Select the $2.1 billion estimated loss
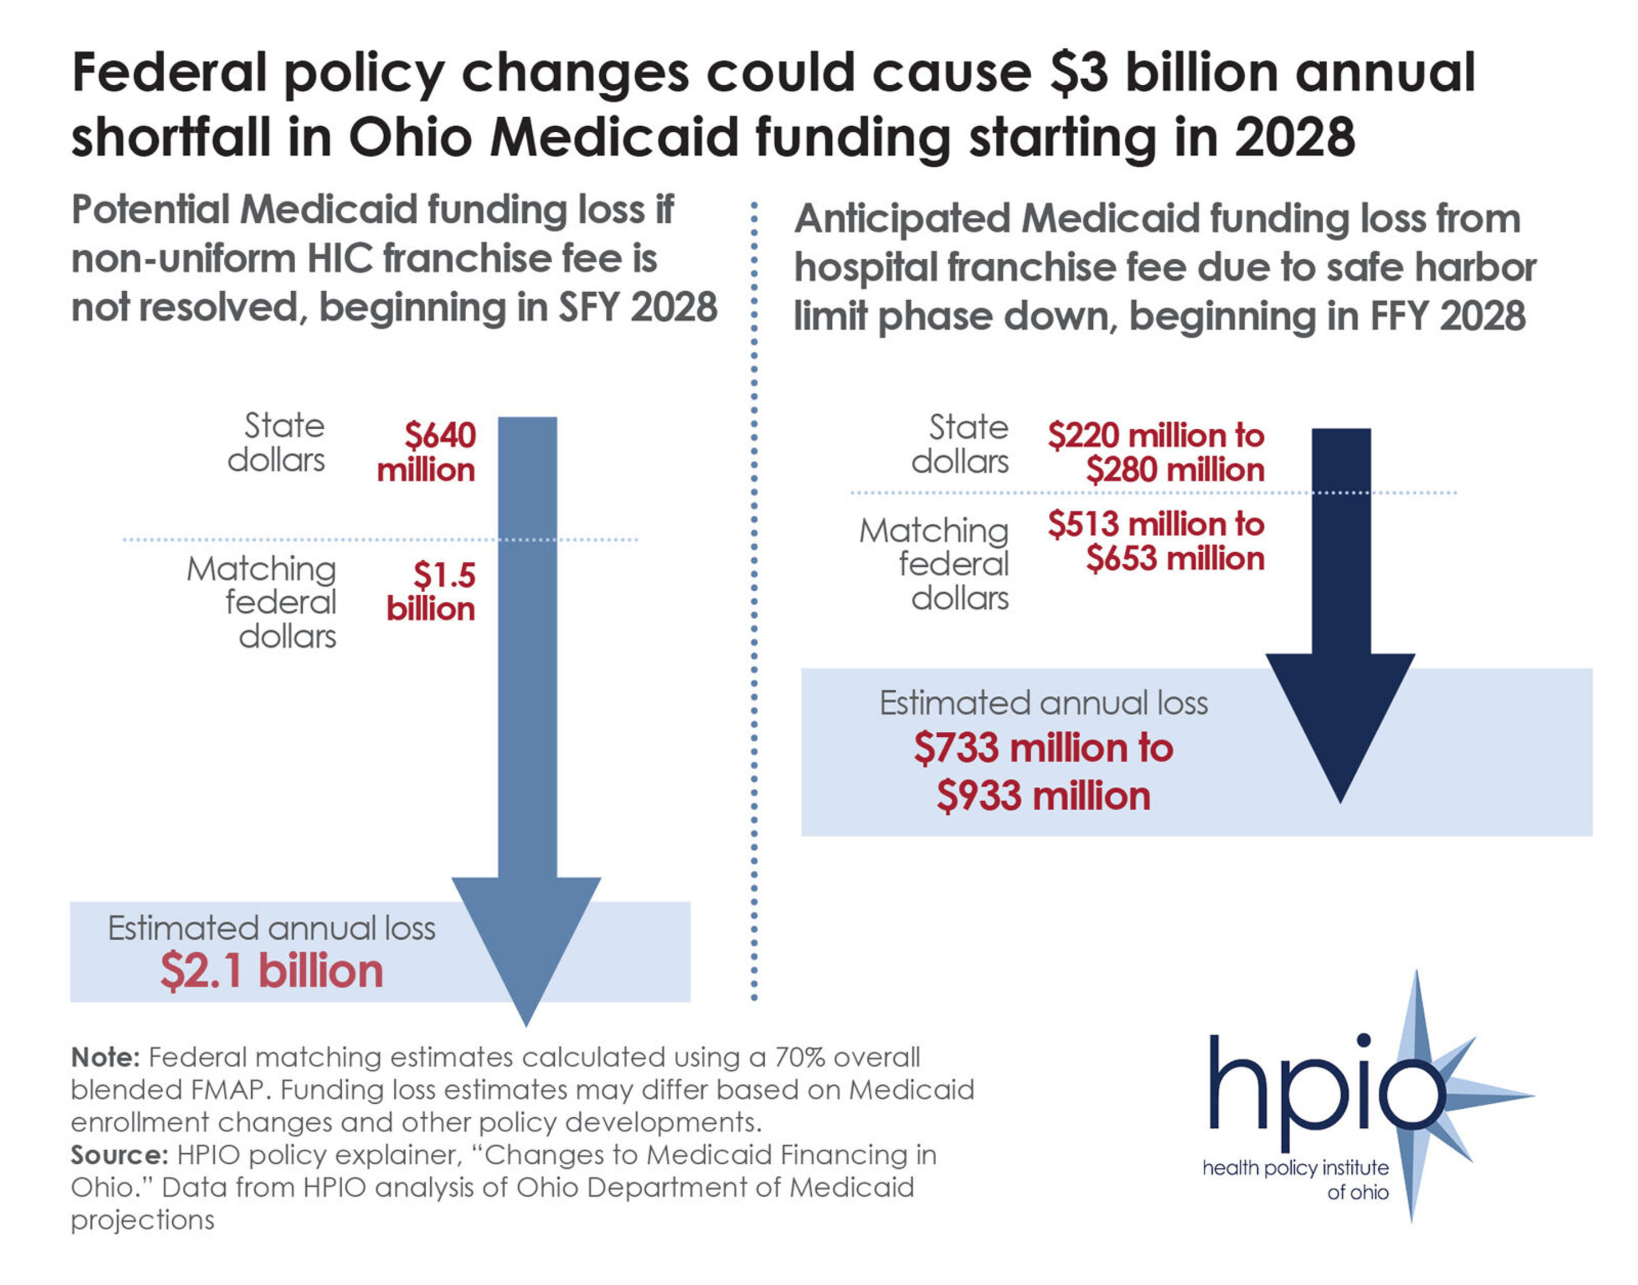pos(272,971)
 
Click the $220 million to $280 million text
pos(1156,452)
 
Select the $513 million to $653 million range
pos(1156,541)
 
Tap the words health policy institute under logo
pos(1295,1168)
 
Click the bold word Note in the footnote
pos(105,1057)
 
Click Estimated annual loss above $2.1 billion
pos(272,928)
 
